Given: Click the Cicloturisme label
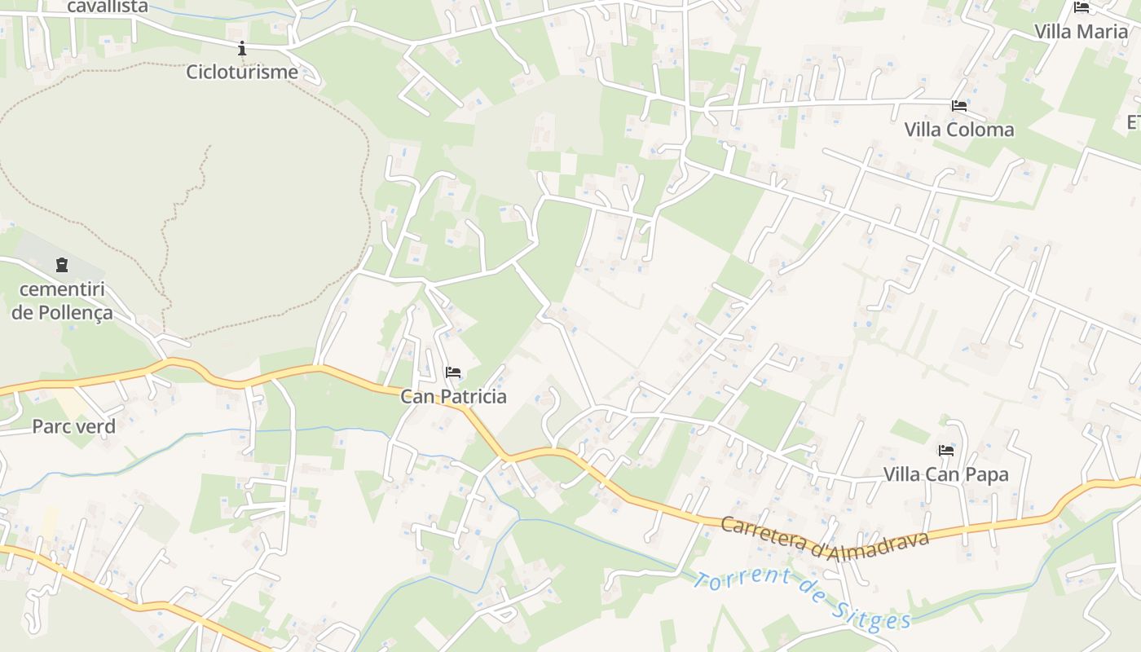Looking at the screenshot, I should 242,72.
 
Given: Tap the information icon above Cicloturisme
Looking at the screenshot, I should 242,48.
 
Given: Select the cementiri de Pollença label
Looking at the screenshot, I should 62,301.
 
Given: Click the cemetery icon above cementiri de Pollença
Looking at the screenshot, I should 62,265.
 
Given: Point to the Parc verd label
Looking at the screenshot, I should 73,426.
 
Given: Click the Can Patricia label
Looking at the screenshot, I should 453,397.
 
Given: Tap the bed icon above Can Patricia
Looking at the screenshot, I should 453,372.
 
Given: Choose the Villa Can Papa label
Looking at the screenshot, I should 945,474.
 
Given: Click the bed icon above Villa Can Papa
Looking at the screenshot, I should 945,450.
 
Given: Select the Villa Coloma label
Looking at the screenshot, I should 959,130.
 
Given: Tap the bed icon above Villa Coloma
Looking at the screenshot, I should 959,106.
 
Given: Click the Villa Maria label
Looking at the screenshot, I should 1081,32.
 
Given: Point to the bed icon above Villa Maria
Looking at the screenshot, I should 1082,7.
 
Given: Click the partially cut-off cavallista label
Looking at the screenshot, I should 108,7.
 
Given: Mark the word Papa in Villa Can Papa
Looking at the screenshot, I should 987,474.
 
